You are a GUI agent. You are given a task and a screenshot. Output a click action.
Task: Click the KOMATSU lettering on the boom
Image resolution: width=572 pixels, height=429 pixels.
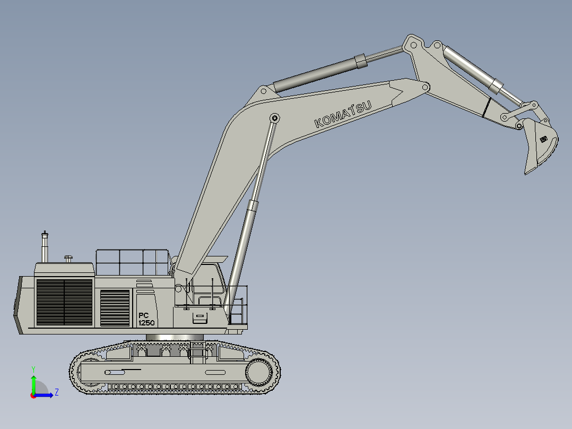point(343,114)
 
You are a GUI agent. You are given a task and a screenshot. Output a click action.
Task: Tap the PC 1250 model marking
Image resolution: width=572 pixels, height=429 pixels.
point(146,319)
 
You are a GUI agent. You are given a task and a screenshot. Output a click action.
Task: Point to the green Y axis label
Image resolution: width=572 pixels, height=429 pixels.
point(33,369)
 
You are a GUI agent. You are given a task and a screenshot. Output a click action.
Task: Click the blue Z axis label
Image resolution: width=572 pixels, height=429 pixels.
point(57,392)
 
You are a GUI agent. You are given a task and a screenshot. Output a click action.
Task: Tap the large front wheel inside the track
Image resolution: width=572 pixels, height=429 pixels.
point(259,372)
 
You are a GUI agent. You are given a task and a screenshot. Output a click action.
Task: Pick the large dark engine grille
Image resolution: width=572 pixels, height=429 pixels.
point(65,302)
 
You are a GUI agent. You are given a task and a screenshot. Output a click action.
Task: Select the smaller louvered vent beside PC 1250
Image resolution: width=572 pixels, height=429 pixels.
point(115,308)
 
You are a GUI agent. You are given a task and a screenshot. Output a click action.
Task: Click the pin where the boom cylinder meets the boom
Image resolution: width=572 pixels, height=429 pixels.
point(275,118)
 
